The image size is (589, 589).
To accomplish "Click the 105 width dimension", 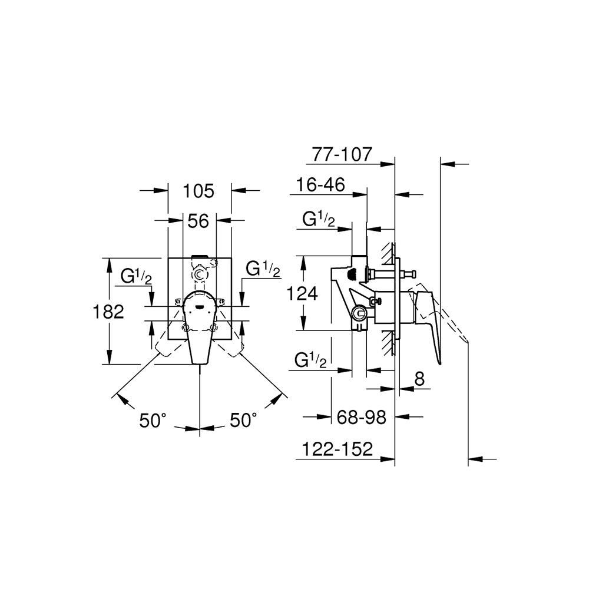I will point(198,191).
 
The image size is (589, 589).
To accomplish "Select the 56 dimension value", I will point(198,221).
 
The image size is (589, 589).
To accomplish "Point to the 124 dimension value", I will point(303,293).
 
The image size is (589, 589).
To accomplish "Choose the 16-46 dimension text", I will point(320,185).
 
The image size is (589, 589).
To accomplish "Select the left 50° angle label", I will point(153,421).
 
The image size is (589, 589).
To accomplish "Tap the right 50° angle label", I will point(243,421).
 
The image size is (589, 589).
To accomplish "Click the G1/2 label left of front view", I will point(137,275).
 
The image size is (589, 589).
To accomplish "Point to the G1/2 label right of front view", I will point(263,270).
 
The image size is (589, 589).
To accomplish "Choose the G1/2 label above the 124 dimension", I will point(319,220).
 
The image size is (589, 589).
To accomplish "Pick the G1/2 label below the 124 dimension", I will point(319,359).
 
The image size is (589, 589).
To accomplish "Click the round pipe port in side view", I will point(358,314).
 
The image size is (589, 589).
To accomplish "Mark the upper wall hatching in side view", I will point(387,252).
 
